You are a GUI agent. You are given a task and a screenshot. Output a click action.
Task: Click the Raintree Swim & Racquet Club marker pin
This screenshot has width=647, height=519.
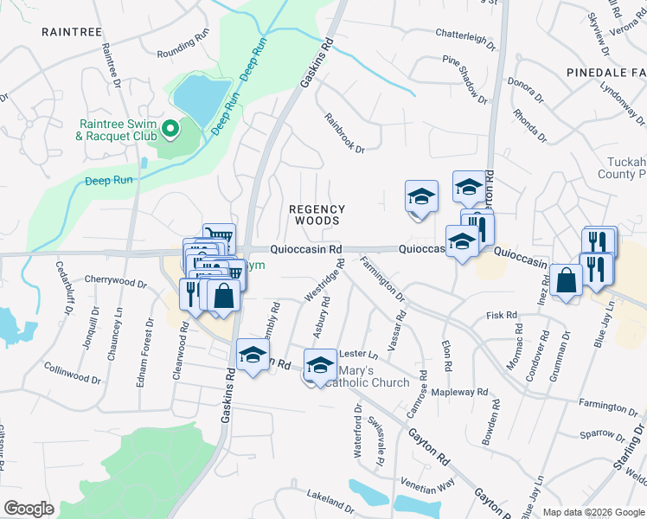pos(170,130)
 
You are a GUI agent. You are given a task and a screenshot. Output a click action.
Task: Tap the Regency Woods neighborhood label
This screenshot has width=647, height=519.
pos(317,215)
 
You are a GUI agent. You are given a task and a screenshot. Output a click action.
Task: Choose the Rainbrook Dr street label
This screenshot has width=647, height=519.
pos(344,133)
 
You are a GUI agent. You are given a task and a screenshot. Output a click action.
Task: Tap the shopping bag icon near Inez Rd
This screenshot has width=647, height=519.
pos(566,282)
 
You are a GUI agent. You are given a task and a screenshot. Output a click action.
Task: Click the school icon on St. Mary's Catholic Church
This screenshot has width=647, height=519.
pos(320,363)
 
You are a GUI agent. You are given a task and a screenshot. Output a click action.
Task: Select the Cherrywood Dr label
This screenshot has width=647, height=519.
pos(116,281)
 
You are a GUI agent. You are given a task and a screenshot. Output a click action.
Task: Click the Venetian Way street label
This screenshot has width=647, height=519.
pos(427,482)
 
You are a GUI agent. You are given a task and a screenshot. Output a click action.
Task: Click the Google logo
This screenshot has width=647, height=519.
pos(29,509)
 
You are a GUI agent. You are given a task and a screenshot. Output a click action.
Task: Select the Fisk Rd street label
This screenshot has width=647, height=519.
pos(502,316)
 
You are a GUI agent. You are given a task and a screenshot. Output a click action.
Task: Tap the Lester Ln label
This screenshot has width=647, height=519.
pos(359,353)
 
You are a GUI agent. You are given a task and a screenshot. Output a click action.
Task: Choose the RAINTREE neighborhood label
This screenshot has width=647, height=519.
pos(65,31)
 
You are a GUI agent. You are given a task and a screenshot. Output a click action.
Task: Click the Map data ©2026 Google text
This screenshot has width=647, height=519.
pos(593,511)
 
